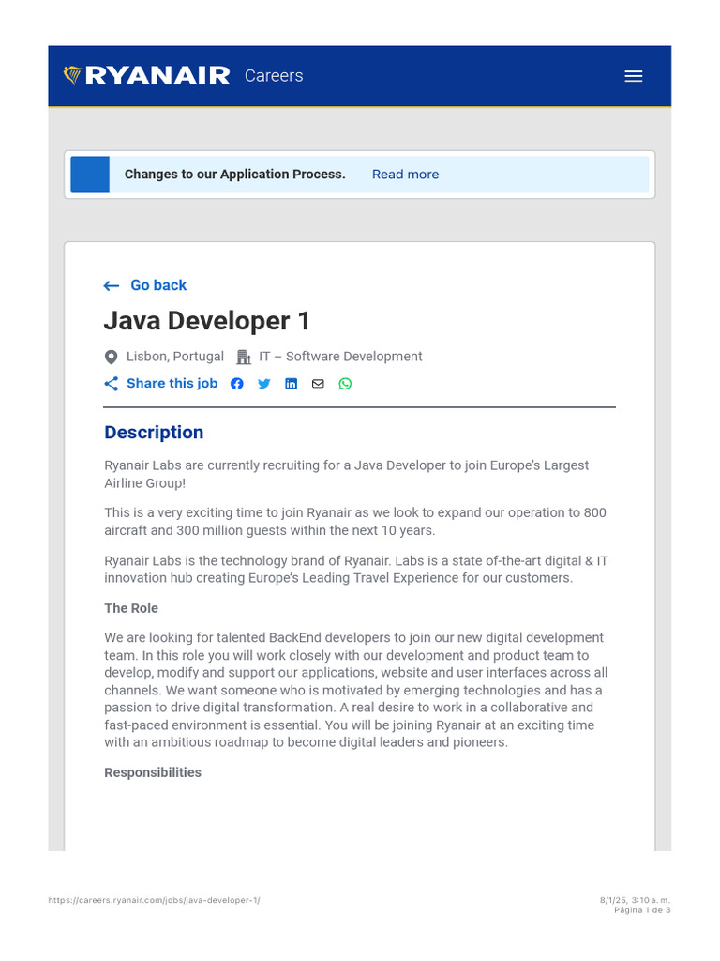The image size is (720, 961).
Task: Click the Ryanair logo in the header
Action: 146,76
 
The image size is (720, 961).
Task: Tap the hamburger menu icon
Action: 634,76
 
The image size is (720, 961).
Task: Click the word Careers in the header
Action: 274,76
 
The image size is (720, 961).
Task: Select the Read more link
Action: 405,175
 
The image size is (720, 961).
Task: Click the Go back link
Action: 158,285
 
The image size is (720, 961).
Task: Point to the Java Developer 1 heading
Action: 206,321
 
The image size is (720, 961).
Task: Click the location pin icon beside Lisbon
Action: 112,357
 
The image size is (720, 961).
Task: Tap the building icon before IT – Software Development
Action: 244,357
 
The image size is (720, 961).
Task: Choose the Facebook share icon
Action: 237,384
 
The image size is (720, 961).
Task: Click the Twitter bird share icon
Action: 264,384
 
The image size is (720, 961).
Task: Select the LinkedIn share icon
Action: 292,384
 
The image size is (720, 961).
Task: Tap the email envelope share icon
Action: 318,384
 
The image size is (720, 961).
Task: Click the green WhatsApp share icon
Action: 345,384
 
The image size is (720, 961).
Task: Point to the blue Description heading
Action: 154,433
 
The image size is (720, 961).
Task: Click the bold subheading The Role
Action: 131,608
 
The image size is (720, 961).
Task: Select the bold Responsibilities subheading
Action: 153,772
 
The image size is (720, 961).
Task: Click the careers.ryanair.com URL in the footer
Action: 155,900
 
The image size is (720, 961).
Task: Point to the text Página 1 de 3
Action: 642,909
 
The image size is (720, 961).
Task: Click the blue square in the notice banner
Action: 90,175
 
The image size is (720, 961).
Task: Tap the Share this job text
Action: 172,383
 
